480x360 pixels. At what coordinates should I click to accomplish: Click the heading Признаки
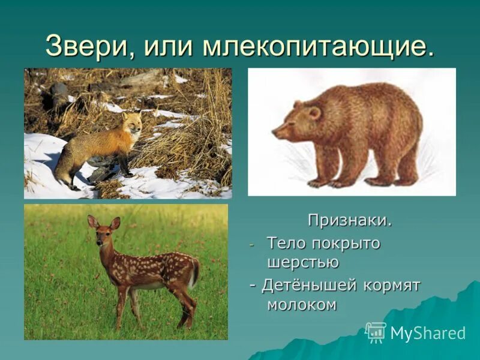(350, 220)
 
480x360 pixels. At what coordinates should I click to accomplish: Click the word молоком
(302, 304)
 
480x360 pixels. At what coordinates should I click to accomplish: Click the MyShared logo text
(428, 334)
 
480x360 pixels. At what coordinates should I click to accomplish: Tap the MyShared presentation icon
(376, 332)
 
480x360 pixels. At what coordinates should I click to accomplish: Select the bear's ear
(313, 112)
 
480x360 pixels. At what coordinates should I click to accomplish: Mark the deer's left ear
(92, 221)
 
